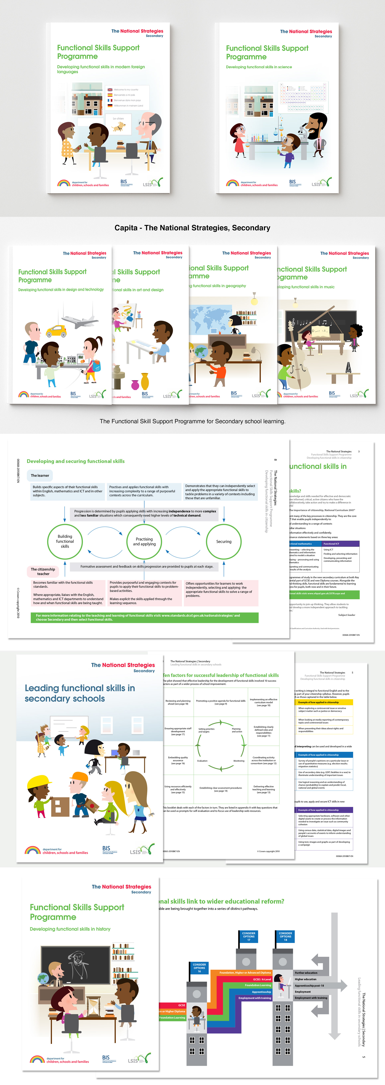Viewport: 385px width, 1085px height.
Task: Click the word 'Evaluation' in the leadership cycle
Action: click(202, 761)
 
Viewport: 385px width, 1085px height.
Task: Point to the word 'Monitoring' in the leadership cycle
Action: click(239, 761)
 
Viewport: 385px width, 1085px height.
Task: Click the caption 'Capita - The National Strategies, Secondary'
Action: click(192, 228)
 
